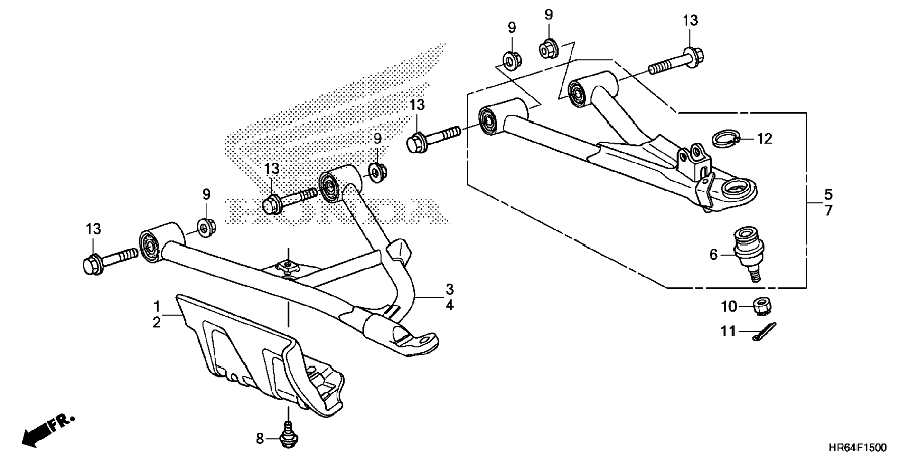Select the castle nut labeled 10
coord(762,306)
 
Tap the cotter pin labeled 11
coord(764,331)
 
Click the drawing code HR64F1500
coord(857,448)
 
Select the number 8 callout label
coord(260,439)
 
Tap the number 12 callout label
coord(765,139)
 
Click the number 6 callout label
coord(713,255)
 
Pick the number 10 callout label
coord(729,306)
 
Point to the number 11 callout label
coord(728,331)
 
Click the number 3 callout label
coord(450,289)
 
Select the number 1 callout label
coord(157,306)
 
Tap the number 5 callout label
coord(828,194)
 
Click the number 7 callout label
coord(828,210)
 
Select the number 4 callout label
coord(450,305)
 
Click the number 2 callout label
coord(157,323)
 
